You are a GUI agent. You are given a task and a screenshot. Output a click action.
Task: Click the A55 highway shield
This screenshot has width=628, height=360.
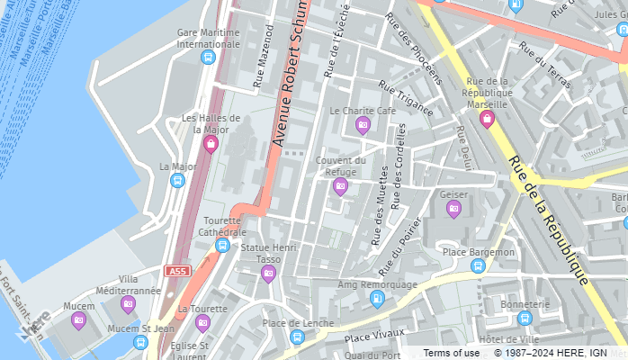(176, 270)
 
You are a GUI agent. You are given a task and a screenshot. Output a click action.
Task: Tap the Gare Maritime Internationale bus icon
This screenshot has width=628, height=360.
(208, 58)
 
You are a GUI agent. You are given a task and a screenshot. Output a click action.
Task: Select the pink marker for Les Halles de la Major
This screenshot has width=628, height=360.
(211, 144)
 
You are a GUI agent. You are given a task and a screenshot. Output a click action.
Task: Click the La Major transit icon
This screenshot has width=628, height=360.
(177, 181)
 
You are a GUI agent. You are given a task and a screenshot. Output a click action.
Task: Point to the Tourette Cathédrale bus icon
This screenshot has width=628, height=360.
(222, 246)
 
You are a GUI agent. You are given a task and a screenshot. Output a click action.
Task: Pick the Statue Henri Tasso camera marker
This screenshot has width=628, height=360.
(268, 274)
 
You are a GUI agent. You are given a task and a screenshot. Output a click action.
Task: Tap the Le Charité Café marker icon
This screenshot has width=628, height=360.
(363, 125)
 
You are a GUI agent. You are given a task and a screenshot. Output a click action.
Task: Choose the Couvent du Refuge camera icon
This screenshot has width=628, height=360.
(340, 186)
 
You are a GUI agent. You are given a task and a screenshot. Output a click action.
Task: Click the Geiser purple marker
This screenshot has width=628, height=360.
(453, 209)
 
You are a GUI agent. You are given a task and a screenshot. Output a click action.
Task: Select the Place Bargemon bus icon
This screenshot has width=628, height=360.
(478, 265)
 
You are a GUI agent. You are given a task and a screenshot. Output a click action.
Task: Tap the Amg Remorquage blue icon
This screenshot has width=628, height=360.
(377, 299)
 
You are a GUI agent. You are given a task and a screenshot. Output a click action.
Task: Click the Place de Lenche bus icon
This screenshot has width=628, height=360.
(297, 337)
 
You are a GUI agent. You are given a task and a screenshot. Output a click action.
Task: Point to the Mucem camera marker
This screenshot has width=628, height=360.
(78, 319)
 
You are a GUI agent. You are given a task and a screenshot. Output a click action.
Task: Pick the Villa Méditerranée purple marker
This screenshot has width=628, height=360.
(129, 304)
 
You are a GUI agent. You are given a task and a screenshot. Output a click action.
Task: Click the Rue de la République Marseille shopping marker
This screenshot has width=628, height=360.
(487, 119)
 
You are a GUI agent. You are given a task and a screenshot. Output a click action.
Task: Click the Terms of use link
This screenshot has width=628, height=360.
(451, 353)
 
